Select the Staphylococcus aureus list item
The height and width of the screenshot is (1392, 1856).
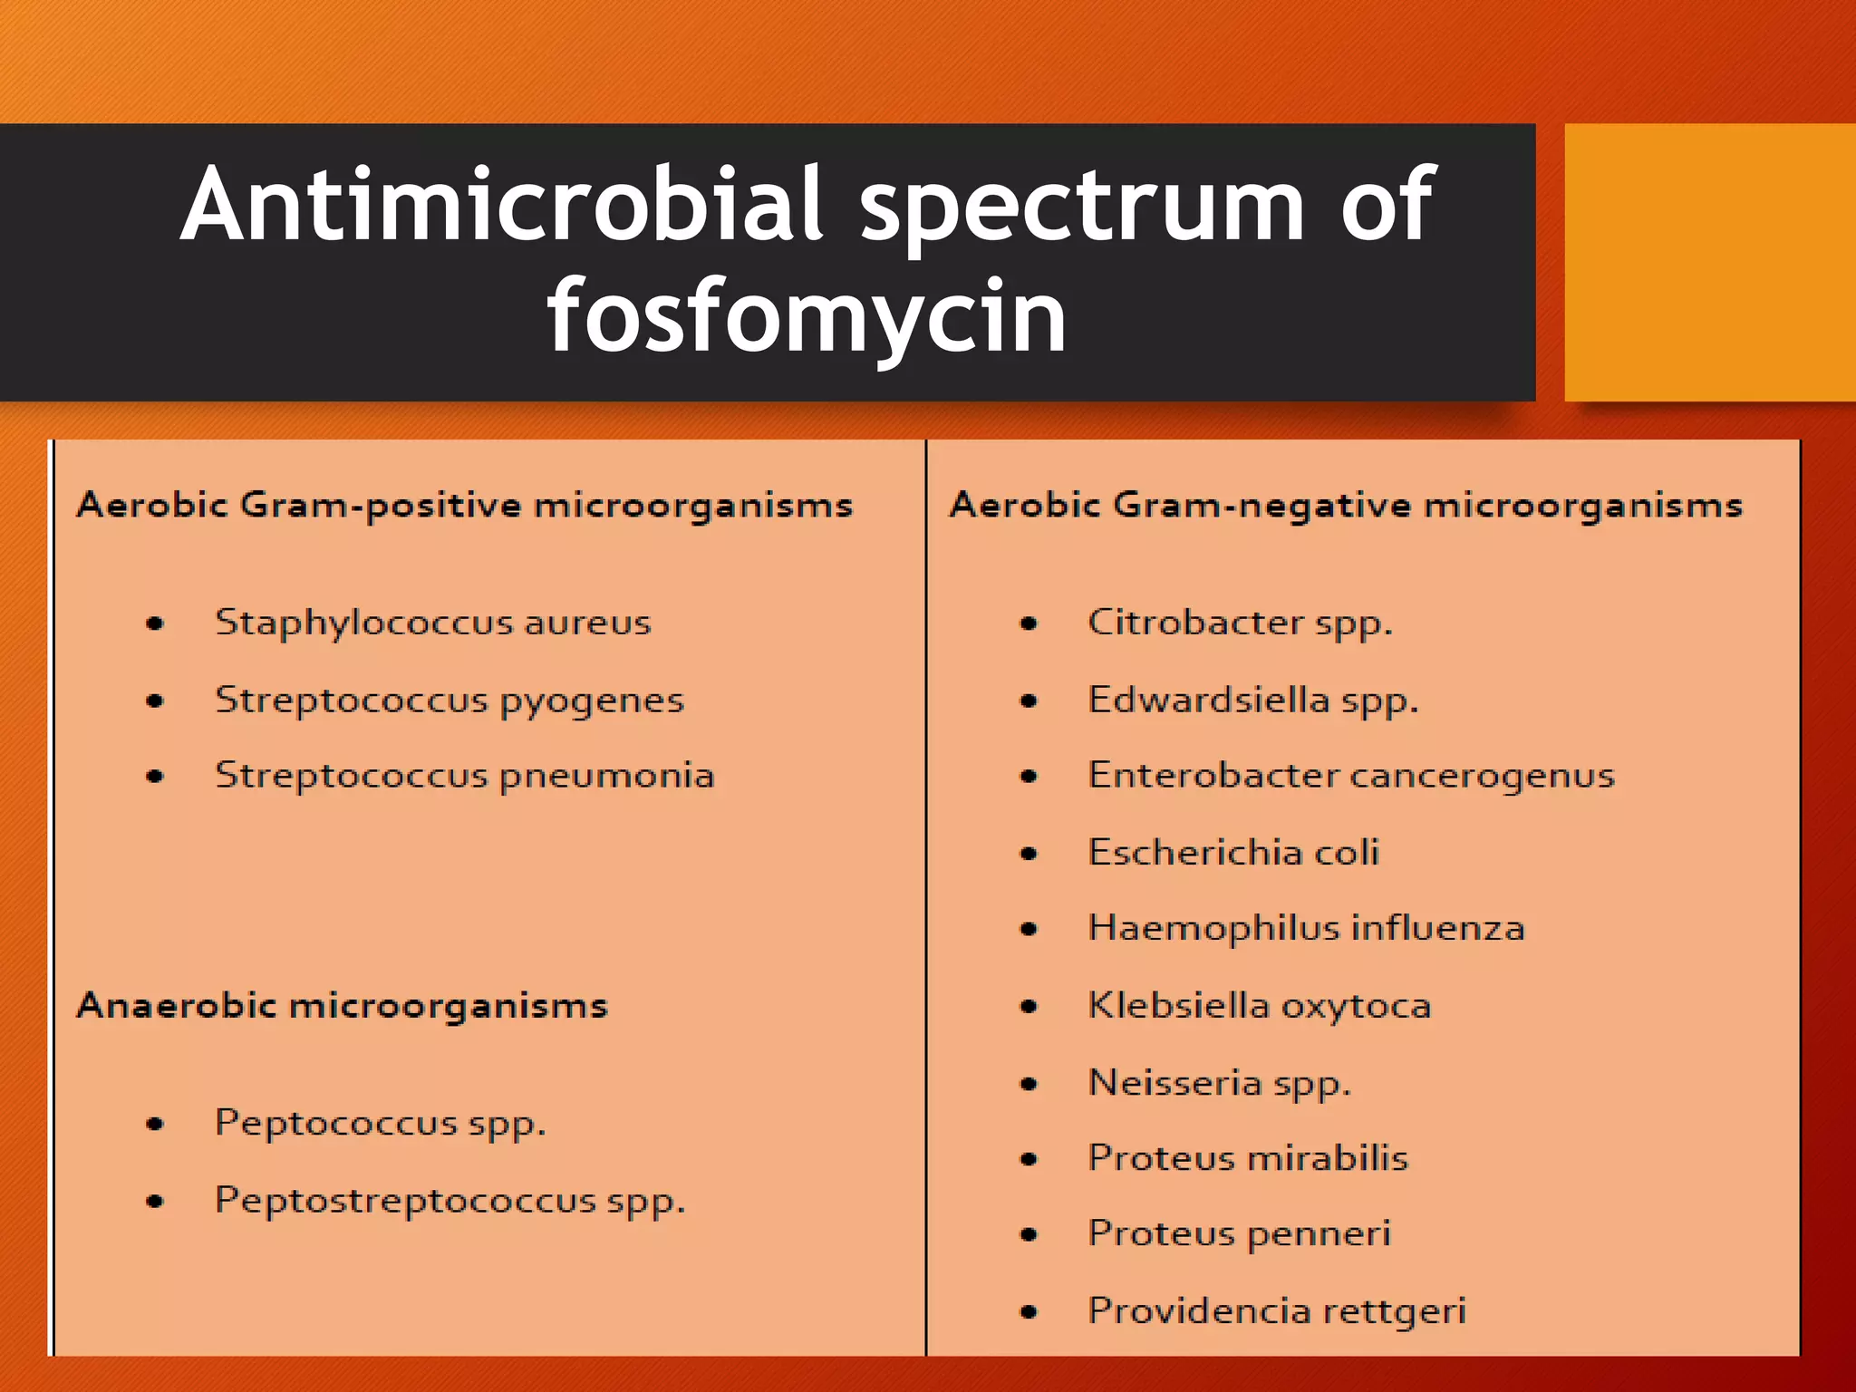click(x=432, y=623)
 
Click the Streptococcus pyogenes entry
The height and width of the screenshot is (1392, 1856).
click(x=449, y=701)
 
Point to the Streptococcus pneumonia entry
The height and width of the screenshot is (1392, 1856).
click(x=464, y=777)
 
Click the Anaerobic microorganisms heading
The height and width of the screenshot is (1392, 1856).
click(x=342, y=1006)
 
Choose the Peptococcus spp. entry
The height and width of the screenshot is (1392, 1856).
click(x=380, y=1124)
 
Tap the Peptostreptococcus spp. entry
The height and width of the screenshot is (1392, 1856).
click(x=449, y=1201)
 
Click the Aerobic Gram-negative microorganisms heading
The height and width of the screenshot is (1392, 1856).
click(x=1346, y=505)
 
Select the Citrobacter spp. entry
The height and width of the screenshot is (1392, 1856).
click(x=1239, y=623)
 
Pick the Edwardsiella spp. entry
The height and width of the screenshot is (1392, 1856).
click(x=1252, y=701)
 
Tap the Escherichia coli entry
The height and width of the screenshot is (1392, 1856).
click(x=1232, y=853)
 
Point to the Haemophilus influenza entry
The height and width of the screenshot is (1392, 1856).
click(x=1306, y=929)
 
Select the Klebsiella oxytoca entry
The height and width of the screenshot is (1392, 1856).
click(x=1259, y=1006)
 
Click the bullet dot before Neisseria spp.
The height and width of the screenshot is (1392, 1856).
click(x=1029, y=1084)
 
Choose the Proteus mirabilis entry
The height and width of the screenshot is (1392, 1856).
click(x=1248, y=1158)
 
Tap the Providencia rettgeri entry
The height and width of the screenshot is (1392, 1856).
click(x=1276, y=1311)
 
